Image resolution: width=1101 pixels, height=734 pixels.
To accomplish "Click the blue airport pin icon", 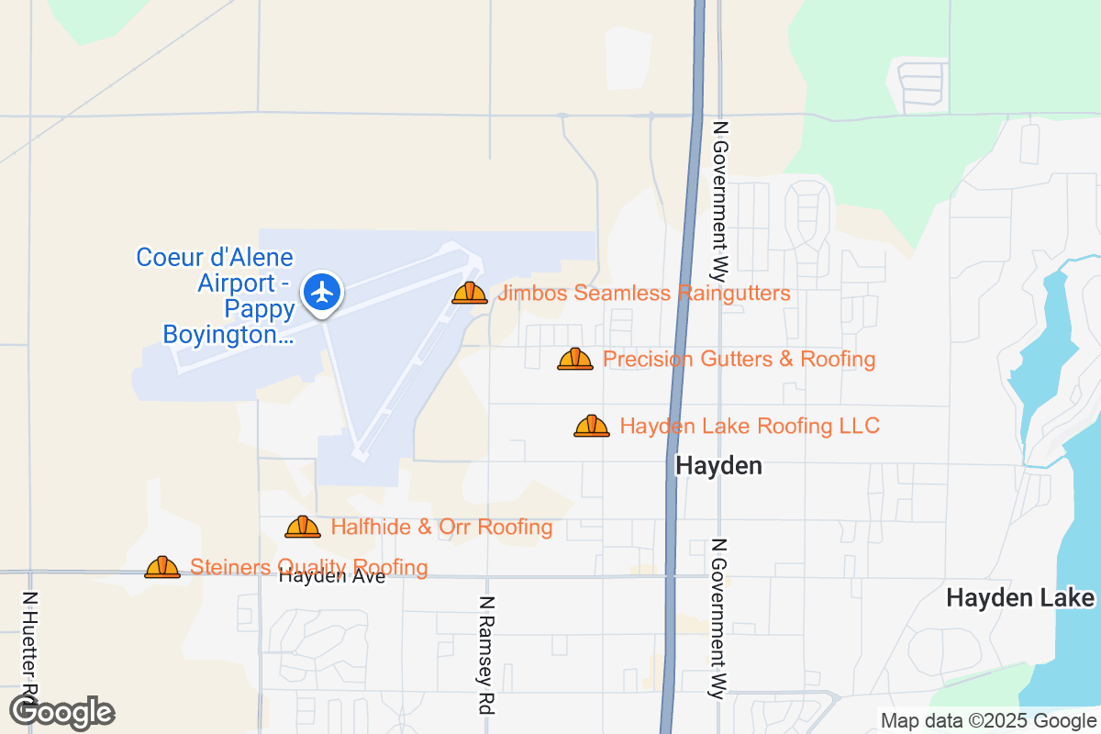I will pos(322,293).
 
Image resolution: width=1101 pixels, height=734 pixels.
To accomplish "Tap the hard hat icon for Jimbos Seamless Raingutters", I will pos(470,293).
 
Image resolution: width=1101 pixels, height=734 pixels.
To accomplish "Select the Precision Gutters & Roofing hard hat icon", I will pos(575,359).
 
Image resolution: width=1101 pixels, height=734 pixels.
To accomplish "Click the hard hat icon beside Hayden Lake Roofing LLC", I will pos(592,426).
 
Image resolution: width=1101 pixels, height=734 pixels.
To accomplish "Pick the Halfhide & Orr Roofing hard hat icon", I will pos(303,527).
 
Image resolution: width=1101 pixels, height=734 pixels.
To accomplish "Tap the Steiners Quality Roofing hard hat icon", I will pos(162,567).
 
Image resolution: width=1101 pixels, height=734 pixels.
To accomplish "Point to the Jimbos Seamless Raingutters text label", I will pos(643,294).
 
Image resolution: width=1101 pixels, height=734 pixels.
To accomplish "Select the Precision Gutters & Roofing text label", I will pos(739,359).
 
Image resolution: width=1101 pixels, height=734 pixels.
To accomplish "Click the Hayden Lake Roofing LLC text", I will pos(750,426).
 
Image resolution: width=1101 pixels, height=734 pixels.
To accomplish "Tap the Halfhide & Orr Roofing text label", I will pos(441,528).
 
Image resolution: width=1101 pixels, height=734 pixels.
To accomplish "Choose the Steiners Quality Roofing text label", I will pos(308,567).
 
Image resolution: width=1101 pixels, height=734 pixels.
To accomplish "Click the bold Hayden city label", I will pos(718,466).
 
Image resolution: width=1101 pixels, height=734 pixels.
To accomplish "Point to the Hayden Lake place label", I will pos(1020,598).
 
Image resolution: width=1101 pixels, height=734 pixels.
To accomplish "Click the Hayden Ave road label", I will pos(332,577).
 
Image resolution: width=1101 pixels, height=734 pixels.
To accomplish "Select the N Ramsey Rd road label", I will pos(486,653).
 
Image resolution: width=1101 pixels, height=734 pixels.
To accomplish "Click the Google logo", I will pos(62,711).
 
